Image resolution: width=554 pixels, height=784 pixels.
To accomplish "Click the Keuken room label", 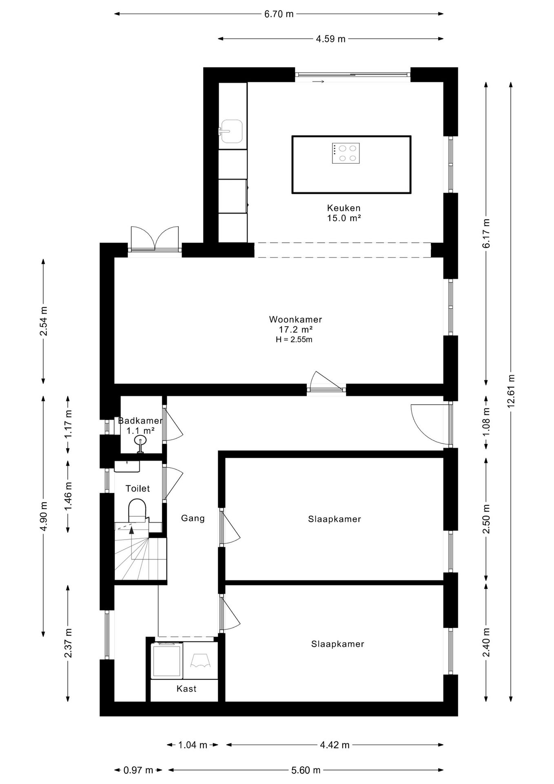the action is (x=344, y=208).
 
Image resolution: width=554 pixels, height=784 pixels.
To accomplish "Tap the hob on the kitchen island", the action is (x=346, y=154).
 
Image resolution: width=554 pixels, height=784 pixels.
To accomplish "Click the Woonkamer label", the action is (x=296, y=319).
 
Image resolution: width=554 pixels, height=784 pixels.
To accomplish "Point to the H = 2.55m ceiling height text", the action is (x=294, y=339).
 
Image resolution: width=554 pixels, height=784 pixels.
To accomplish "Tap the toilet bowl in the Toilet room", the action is (x=137, y=511).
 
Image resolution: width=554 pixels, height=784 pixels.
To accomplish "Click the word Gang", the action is (x=193, y=518).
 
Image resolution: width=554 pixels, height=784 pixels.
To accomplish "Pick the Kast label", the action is (x=186, y=688).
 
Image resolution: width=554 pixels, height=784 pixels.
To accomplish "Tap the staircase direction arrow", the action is (x=131, y=530).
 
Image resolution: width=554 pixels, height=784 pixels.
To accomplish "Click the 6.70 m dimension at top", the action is (x=279, y=14).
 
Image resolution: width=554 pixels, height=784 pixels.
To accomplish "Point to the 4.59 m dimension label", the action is (x=331, y=39).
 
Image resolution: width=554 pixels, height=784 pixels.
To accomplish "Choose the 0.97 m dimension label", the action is (x=138, y=770).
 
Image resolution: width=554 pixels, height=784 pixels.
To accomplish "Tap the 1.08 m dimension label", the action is (x=486, y=422).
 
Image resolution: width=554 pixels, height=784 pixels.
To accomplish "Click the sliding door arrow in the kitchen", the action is (x=318, y=82).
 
